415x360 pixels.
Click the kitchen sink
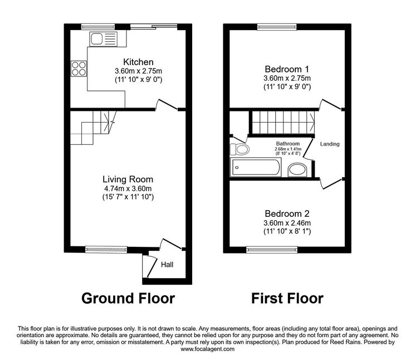point(103,39)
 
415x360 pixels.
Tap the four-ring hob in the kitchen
point(79,69)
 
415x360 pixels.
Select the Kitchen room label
point(138,62)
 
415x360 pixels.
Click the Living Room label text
point(128,179)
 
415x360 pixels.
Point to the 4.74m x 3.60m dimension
point(128,188)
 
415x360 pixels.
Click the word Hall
point(167,265)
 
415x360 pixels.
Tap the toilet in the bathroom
point(240,149)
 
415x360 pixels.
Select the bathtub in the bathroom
point(256,167)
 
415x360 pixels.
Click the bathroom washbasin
point(297,169)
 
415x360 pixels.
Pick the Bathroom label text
point(288,144)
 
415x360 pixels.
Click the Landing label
point(330,144)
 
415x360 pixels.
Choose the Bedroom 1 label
point(287,69)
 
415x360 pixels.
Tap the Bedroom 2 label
point(287,213)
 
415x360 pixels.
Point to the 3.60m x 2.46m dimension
point(287,223)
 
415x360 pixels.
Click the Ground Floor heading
point(128,298)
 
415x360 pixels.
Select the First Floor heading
point(287,298)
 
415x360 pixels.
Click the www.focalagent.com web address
point(207,349)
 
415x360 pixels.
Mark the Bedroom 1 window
point(277,27)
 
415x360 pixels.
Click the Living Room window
point(106,249)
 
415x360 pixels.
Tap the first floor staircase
point(283,123)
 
